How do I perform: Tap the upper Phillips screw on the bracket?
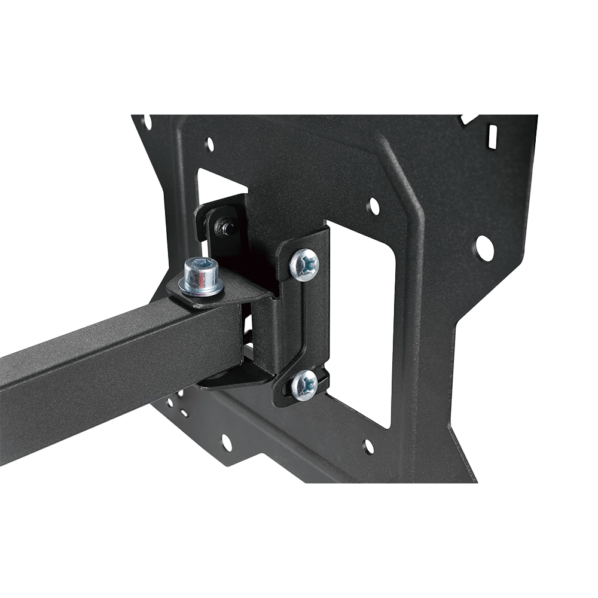(x=304, y=264)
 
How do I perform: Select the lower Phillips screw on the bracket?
(x=305, y=385)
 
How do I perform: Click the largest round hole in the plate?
(x=484, y=248)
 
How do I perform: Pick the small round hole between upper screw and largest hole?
(x=373, y=206)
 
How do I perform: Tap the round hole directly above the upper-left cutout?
(x=209, y=144)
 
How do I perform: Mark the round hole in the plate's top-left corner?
(x=146, y=122)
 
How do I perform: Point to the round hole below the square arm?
(x=227, y=443)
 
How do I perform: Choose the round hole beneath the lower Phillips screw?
(x=369, y=446)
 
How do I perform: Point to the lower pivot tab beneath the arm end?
(x=233, y=378)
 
